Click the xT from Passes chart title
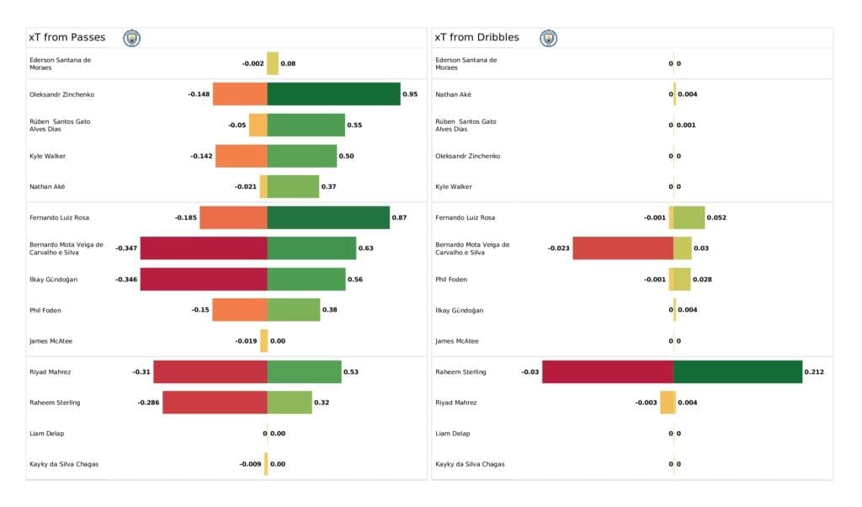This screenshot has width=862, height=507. (x=67, y=37)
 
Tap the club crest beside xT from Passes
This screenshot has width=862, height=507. (x=132, y=38)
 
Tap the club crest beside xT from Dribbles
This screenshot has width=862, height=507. (x=549, y=38)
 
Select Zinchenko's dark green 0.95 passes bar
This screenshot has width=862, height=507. (x=333, y=94)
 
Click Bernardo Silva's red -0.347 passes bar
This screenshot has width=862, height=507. (x=204, y=248)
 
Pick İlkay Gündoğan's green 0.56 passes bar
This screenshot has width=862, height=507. (x=306, y=280)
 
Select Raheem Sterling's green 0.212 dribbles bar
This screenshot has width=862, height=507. (x=737, y=371)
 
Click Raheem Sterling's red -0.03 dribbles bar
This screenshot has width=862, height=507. (x=608, y=371)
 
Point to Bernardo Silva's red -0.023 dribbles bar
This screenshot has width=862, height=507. (x=623, y=248)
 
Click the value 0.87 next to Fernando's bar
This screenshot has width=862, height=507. (x=399, y=217)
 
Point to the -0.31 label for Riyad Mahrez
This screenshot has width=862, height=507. (x=141, y=371)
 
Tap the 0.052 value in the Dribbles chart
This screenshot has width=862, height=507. (x=716, y=217)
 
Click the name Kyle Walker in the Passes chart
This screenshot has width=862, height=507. (x=47, y=156)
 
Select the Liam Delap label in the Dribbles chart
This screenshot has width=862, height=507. (x=455, y=433)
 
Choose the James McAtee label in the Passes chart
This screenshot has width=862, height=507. (x=51, y=341)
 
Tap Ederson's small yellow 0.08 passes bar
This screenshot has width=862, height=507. (x=273, y=63)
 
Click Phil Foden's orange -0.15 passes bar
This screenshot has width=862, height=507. (x=240, y=310)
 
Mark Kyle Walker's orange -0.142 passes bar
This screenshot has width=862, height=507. (x=242, y=156)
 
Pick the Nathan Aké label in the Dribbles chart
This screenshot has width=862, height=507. (x=454, y=94)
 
